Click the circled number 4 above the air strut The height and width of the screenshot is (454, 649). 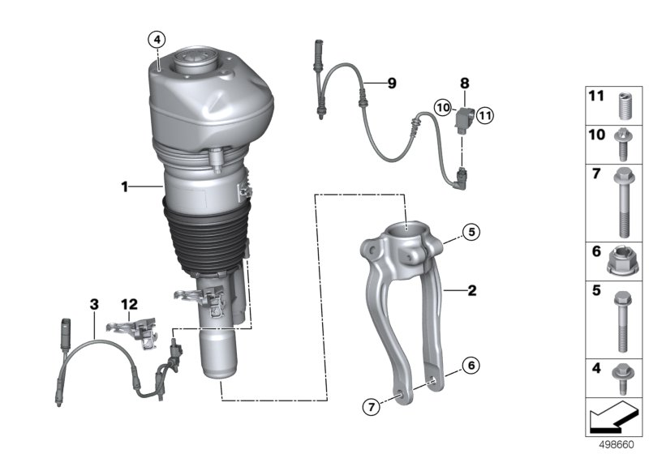pos(157,38)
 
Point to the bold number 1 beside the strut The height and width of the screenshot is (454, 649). pos(125,186)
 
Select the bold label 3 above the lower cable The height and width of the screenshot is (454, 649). pos(94,304)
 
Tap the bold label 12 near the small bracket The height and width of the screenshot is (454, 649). pos(130,304)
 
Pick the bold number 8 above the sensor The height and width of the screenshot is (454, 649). pos(465,83)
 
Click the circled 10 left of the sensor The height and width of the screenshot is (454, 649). pos(442,107)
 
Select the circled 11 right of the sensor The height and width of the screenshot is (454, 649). pos(484,116)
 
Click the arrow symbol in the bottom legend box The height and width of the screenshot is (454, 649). pos(612,418)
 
